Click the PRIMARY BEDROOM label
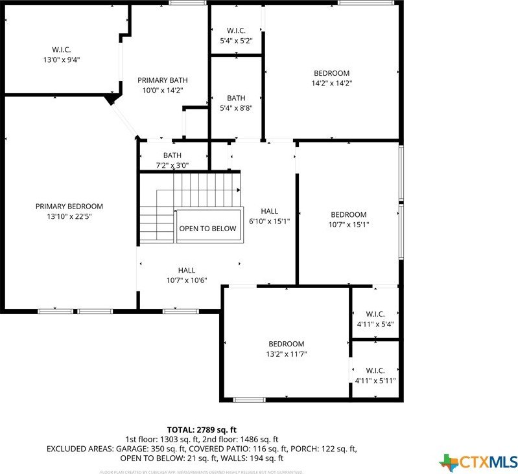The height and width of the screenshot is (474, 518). click(x=69, y=207)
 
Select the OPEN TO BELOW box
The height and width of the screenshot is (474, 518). click(x=207, y=229)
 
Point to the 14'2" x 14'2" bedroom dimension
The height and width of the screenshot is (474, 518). click(x=331, y=83)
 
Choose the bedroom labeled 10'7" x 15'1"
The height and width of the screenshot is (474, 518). click(x=348, y=220)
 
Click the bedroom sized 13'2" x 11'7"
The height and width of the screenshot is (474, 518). click(x=286, y=348)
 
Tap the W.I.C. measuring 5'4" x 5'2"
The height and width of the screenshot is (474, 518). click(x=235, y=36)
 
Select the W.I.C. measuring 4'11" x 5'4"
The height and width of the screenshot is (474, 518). click(x=375, y=319)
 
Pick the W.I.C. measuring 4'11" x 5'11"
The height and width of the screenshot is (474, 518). click(x=375, y=376)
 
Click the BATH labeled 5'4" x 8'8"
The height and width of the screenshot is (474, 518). click(x=236, y=104)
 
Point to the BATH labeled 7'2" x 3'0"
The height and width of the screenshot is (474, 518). click(x=172, y=160)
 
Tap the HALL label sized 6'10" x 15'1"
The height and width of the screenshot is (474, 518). click(x=270, y=216)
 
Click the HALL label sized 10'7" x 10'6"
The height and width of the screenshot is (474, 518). click(x=187, y=275)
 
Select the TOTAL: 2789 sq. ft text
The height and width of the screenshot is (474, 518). click(x=202, y=429)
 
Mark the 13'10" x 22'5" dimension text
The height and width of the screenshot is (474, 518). click(x=69, y=216)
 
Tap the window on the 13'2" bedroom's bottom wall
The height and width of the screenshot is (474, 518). click(x=250, y=400)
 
